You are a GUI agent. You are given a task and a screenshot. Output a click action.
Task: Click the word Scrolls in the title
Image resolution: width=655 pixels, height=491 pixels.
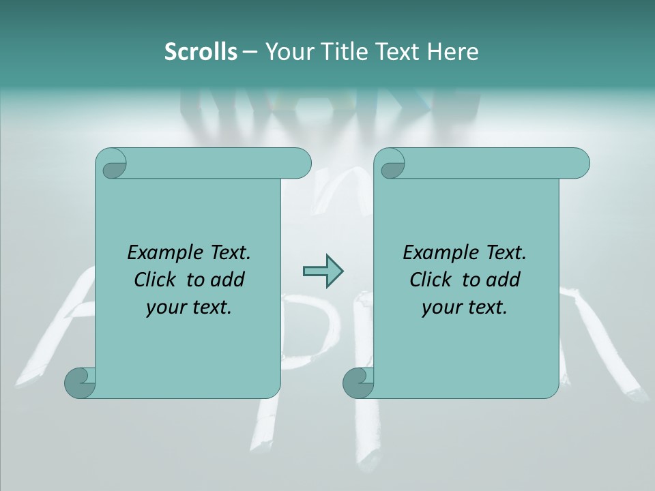pyautogui.click(x=201, y=52)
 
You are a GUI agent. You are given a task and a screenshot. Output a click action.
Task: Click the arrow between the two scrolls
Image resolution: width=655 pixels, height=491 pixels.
pyautogui.click(x=323, y=271)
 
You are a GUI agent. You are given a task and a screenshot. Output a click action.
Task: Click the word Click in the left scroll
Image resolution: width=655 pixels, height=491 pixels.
pyautogui.click(x=158, y=280)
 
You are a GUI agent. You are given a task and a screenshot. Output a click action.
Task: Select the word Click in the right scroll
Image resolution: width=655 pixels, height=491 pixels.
pyautogui.click(x=433, y=280)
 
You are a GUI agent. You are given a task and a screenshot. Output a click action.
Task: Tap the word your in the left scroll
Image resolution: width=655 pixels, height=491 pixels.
pyautogui.click(x=166, y=308)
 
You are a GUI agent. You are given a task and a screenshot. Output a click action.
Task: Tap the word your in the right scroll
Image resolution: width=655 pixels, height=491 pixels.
pyautogui.click(x=442, y=308)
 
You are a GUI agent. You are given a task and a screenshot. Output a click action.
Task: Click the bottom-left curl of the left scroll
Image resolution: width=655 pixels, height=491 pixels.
pyautogui.click(x=81, y=382)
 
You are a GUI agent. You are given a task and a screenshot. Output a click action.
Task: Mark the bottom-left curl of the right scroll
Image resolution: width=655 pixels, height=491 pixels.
pyautogui.click(x=358, y=382)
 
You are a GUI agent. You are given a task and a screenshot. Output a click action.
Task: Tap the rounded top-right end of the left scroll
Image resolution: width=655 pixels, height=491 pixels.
pyautogui.click(x=300, y=163)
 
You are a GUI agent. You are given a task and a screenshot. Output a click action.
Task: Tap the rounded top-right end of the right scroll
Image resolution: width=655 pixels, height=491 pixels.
pyautogui.click(x=579, y=163)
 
